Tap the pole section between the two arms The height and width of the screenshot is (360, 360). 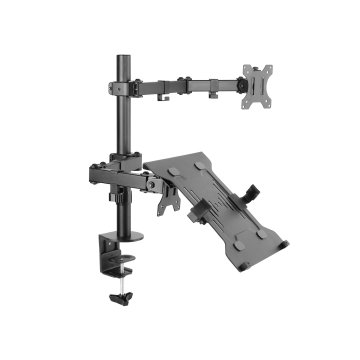pos(127,125)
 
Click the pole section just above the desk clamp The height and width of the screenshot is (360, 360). pos(126,215)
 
